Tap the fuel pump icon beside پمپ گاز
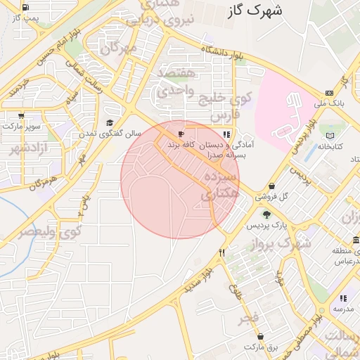tap(26, 8)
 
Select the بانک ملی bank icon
tap(328, 94)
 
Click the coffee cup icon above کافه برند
tap(181, 134)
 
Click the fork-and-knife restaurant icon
tap(222, 252)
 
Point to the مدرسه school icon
tap(342, 298)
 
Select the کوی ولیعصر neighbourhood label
tap(51, 229)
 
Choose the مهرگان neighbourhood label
tap(117, 49)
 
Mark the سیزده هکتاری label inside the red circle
tap(220, 184)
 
